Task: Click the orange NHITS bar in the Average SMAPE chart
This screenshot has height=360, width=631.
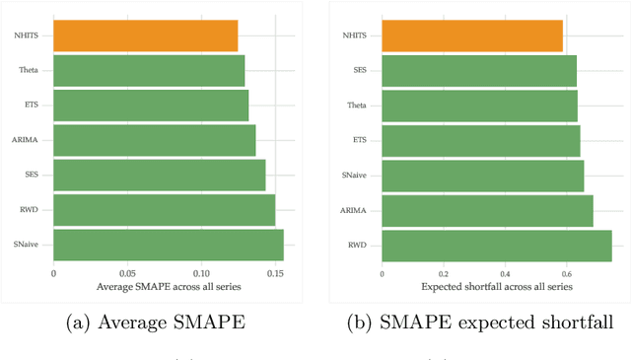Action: point(145,36)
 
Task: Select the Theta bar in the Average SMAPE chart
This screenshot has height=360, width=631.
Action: point(148,70)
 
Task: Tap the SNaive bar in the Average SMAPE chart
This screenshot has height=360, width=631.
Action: point(168,245)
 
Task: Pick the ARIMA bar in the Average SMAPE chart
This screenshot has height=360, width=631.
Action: point(154,140)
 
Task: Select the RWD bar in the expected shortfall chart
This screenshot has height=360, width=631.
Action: point(496,245)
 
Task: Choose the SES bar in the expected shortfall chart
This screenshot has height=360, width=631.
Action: point(478,70)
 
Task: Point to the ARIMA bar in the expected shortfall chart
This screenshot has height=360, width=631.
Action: point(487,210)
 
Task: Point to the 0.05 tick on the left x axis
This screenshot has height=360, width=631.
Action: point(126,272)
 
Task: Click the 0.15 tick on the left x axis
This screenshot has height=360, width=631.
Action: point(275,272)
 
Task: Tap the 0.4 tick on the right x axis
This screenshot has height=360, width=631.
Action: point(505,272)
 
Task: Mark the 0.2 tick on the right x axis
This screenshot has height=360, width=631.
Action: point(443,272)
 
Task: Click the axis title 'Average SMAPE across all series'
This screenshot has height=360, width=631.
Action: point(169,286)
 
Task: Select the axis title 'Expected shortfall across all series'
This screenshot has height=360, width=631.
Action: point(497,286)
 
